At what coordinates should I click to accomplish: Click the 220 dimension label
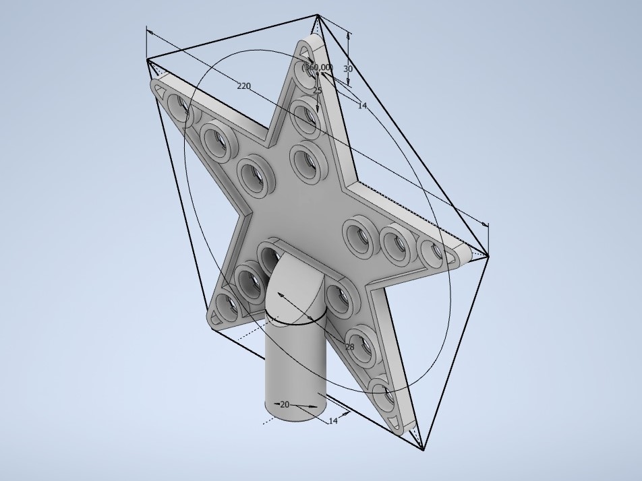tap(243, 86)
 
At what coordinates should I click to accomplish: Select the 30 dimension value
tap(348, 69)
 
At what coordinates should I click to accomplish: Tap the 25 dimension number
tap(318, 90)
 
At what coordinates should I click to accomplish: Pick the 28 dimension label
tap(349, 346)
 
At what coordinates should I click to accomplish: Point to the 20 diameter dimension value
tap(285, 404)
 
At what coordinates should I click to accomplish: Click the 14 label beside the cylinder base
tap(333, 420)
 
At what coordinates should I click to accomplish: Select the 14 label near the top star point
tap(362, 105)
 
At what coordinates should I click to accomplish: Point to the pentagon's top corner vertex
tap(318, 15)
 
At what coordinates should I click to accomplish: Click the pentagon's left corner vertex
tap(147, 60)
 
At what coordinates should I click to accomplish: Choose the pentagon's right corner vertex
tap(488, 255)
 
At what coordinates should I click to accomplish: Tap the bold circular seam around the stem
tap(297, 321)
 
